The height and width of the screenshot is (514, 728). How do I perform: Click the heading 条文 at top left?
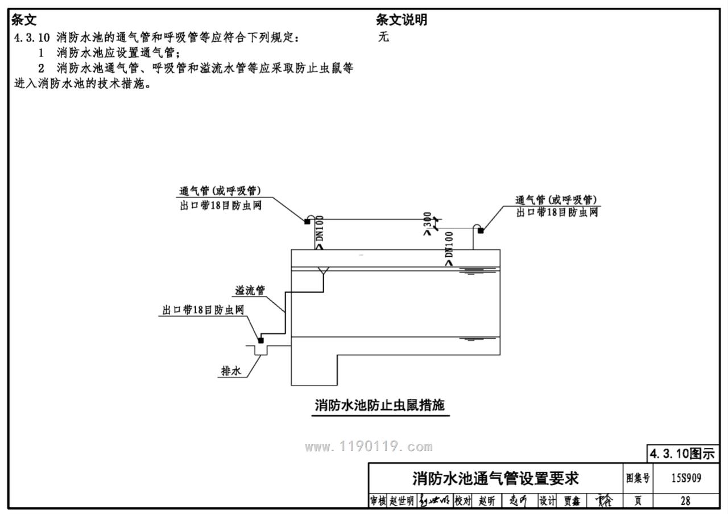(x=24, y=20)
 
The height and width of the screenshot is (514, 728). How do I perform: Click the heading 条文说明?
(x=401, y=20)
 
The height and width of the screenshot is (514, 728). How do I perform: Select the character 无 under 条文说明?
(x=383, y=38)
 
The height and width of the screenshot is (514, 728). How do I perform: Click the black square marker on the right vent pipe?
(x=481, y=231)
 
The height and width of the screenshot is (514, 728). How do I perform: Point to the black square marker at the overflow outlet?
(x=261, y=340)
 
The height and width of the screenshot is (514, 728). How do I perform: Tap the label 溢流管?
(x=250, y=290)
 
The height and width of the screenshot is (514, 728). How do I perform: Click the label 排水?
(x=231, y=372)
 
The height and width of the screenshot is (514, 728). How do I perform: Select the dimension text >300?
(x=428, y=224)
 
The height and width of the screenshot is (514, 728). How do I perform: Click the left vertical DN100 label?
(x=319, y=232)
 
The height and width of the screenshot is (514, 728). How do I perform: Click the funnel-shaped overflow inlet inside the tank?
(x=324, y=272)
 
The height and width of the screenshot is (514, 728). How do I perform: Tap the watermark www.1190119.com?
(x=369, y=447)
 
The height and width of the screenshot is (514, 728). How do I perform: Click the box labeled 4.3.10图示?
(x=682, y=454)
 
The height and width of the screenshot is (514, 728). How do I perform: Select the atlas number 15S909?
(x=685, y=478)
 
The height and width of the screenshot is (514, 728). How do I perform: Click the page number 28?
(x=685, y=501)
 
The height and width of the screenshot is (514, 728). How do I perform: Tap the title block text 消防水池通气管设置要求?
(x=495, y=478)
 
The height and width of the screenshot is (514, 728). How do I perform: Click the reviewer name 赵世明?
(x=402, y=501)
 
